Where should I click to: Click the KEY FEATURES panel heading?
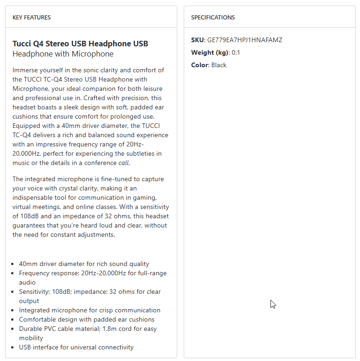pos(32,18)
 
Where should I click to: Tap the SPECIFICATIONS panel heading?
pos(213,18)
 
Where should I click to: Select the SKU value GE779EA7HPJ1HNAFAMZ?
pos(244,40)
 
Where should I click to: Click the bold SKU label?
pos(197,40)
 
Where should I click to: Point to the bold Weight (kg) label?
pos(210,52)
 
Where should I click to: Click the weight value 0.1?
pos(236,52)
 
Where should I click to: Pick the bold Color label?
pos(199,65)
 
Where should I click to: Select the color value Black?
pos(219,65)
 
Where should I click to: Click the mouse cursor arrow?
pos(273,304)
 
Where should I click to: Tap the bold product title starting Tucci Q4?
pos(80,44)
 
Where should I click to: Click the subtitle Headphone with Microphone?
pos(63,54)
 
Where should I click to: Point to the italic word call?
pos(124,163)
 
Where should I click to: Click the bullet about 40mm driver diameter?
pos(84,264)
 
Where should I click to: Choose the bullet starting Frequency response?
pos(92,273)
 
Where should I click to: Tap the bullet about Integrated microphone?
pos(90,310)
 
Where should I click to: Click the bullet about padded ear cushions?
pos(87,319)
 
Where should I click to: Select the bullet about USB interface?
pos(76,347)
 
